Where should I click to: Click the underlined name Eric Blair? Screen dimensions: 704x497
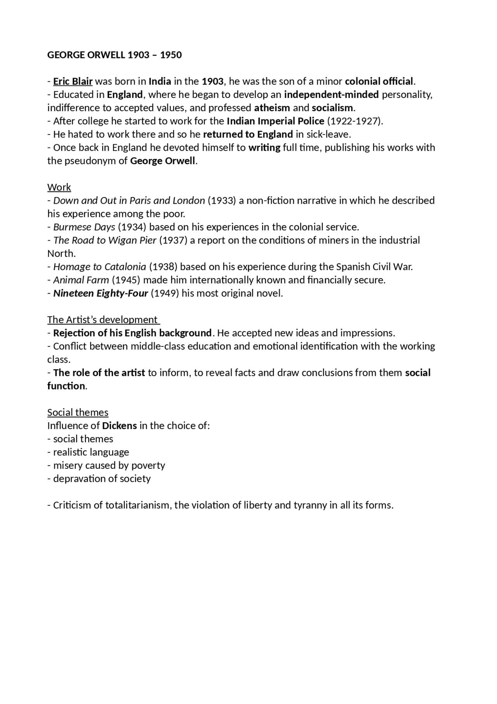click(x=73, y=81)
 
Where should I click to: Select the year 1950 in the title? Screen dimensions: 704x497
click(x=171, y=55)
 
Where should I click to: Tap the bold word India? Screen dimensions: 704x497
click(x=160, y=81)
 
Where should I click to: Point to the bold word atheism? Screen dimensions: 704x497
click(x=272, y=108)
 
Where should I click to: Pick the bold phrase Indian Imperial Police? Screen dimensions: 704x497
click(x=275, y=121)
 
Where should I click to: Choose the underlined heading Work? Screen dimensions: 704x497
click(x=59, y=187)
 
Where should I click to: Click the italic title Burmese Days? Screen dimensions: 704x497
click(x=84, y=227)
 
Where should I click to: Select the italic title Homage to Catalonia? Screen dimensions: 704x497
click(x=100, y=267)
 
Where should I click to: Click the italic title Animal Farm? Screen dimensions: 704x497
click(x=81, y=280)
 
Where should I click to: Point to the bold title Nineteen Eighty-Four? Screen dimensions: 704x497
click(x=101, y=293)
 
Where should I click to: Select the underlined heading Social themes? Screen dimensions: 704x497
click(x=78, y=412)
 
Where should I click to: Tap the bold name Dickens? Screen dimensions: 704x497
click(x=119, y=426)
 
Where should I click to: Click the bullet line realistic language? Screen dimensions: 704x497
click(x=91, y=452)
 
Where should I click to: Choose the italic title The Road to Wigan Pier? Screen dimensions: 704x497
click(x=105, y=240)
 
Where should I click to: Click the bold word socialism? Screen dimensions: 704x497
click(x=332, y=108)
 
